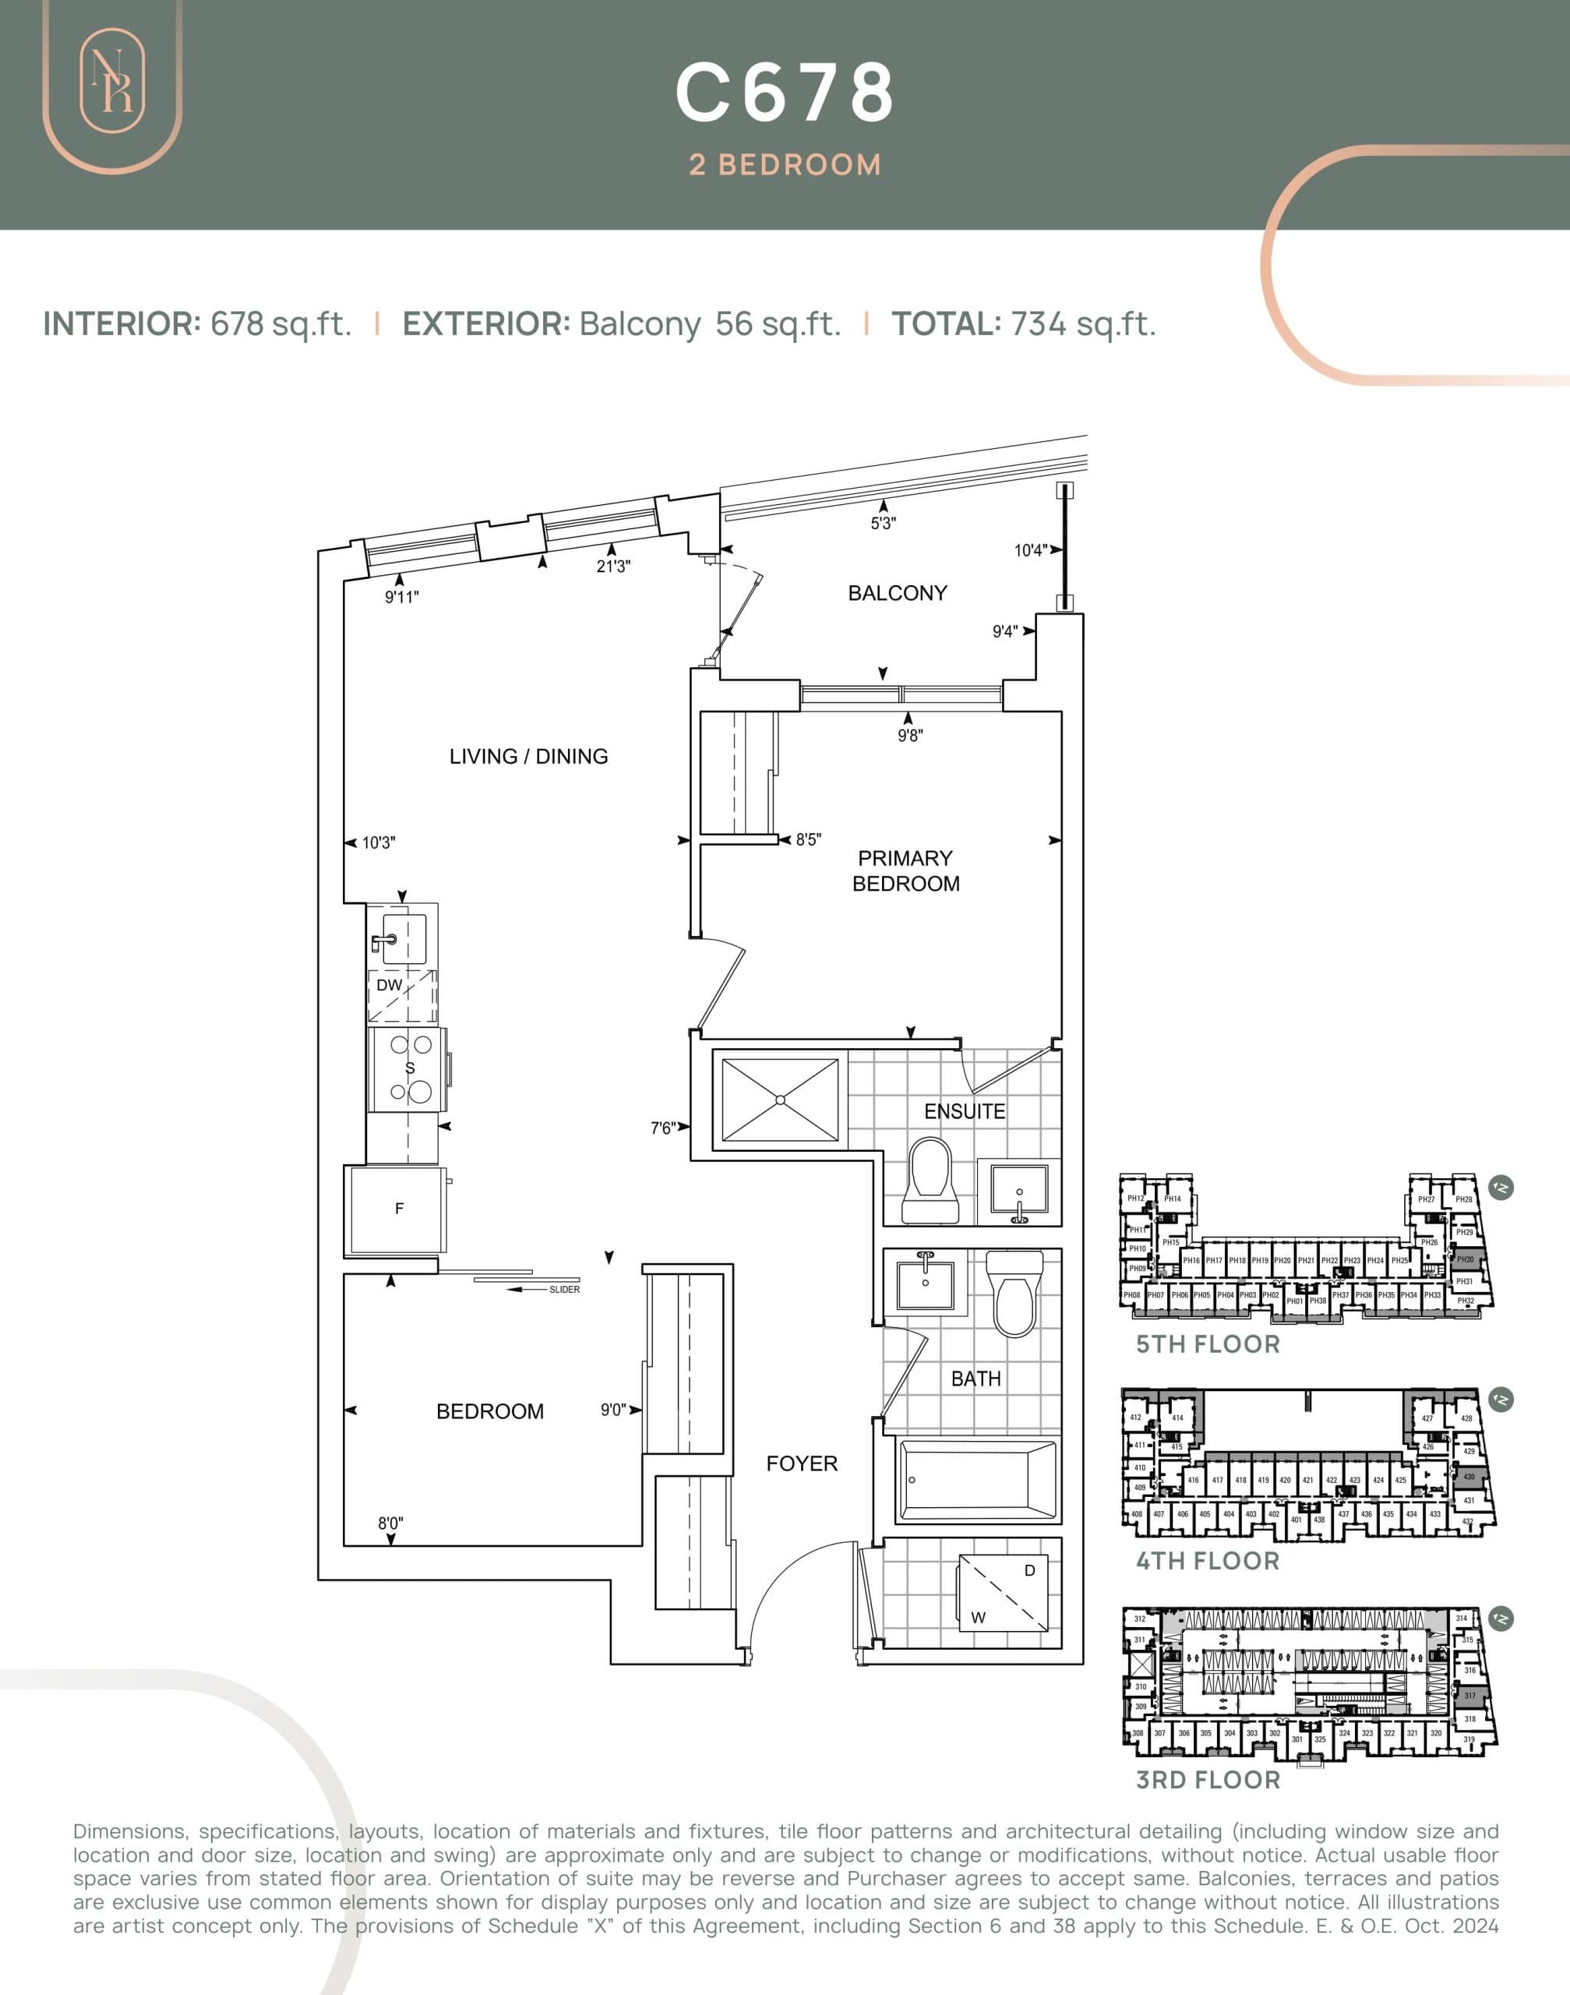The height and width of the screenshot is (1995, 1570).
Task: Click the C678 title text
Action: tap(784, 93)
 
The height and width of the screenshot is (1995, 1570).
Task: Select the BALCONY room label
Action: tap(897, 593)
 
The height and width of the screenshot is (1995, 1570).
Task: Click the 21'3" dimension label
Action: tap(613, 567)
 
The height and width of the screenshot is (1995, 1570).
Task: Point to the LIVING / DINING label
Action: tap(528, 756)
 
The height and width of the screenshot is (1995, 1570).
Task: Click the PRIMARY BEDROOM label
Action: tap(905, 870)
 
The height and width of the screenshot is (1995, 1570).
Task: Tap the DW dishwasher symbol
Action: tap(402, 996)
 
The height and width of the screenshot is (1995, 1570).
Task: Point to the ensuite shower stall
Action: tap(779, 1100)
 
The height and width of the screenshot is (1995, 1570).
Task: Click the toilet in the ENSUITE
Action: tap(930, 1181)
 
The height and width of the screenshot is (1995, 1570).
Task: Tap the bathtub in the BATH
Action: tap(977, 1480)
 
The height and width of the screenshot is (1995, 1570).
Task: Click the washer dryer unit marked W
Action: tap(1003, 1593)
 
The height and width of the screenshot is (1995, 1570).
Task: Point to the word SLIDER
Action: tap(564, 1290)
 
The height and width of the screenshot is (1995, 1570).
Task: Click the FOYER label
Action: tap(802, 1463)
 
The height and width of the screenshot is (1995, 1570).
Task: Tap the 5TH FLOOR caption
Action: tap(1207, 1344)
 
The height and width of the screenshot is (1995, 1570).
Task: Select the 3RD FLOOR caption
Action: tap(1207, 1780)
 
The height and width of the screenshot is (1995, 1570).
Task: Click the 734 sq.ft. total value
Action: tap(1083, 323)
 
